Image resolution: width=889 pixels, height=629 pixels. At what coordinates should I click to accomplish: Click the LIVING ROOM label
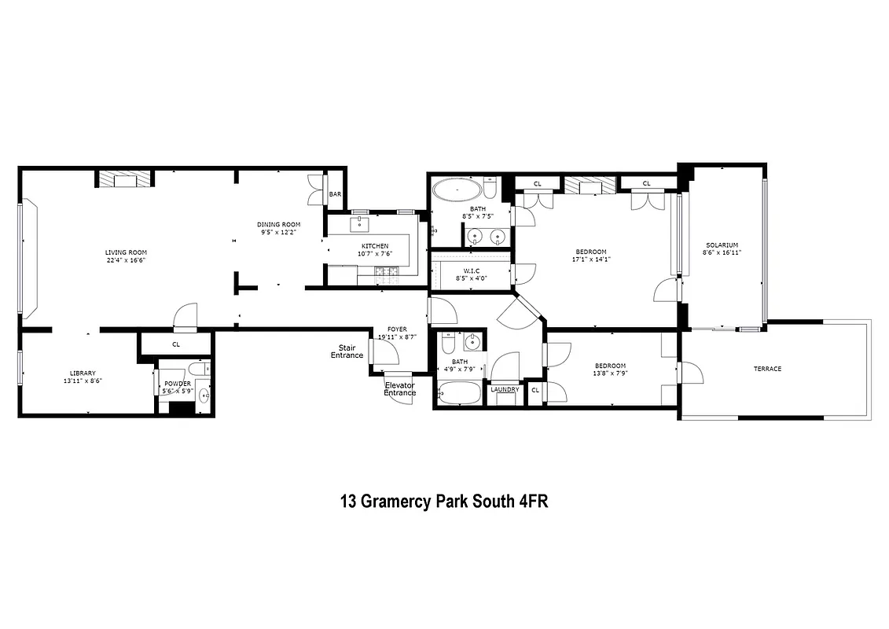(x=127, y=252)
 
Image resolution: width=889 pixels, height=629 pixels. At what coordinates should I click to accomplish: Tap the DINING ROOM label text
(x=278, y=225)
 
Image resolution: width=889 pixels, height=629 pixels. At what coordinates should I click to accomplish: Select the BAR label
(x=335, y=194)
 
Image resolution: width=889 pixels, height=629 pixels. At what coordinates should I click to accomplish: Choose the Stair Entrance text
(x=351, y=351)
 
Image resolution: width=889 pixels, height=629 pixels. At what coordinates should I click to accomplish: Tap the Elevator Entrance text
(x=399, y=388)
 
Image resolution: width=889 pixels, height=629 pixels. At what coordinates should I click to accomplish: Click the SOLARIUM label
(x=721, y=245)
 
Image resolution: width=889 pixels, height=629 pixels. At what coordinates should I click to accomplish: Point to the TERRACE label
(x=767, y=368)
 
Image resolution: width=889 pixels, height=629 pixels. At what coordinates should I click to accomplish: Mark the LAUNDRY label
(x=505, y=389)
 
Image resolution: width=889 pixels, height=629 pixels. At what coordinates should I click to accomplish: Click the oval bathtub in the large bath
(x=455, y=191)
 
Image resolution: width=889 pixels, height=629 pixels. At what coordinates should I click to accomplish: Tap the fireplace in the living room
(x=125, y=180)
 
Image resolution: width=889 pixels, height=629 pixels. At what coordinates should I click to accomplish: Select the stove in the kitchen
(x=387, y=274)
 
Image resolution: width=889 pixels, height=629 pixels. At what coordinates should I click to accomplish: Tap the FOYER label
(x=397, y=329)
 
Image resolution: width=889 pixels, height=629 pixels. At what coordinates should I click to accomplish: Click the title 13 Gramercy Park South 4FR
(x=443, y=501)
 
